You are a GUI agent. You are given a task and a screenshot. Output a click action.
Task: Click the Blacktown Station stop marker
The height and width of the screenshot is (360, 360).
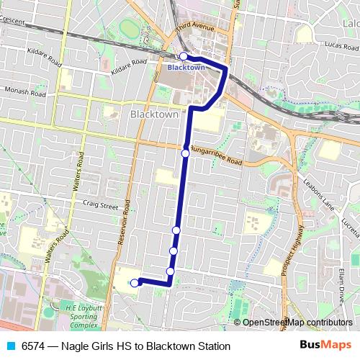click(184, 55)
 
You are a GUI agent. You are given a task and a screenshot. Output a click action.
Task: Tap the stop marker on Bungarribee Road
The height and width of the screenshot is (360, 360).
click(185, 153)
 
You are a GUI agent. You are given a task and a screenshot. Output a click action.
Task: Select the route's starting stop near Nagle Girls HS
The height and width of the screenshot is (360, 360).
click(134, 283)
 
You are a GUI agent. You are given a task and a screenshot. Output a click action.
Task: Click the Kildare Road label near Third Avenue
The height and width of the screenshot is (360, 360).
click(130, 67)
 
